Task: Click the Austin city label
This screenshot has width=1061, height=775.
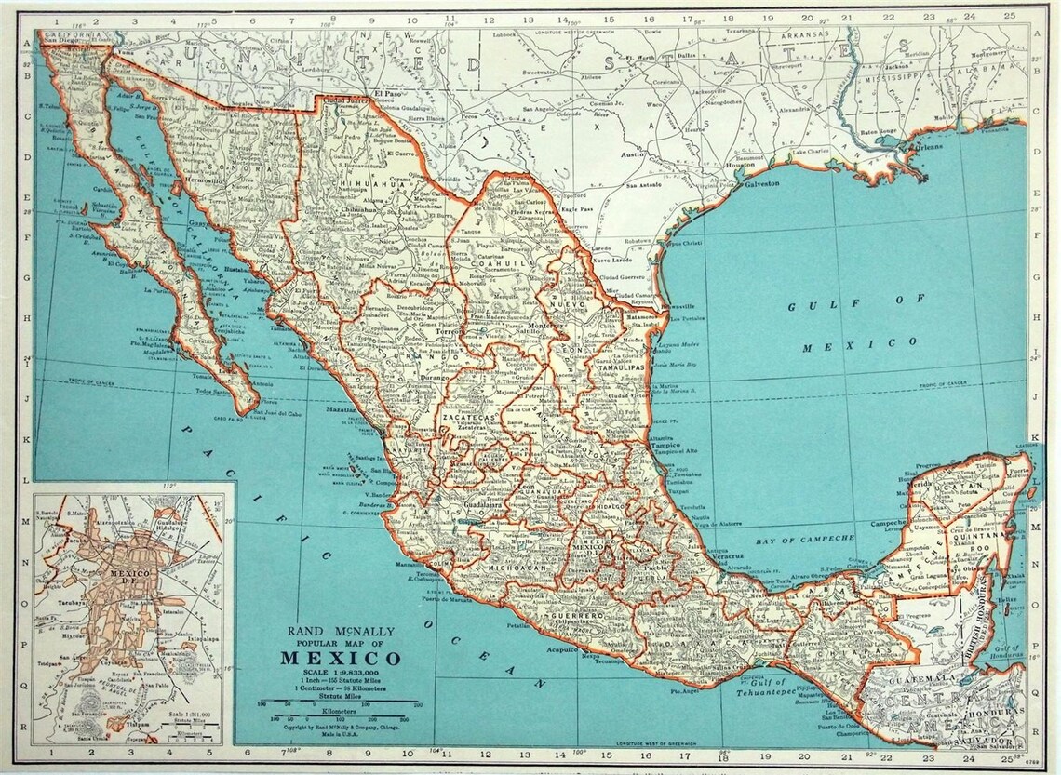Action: [x=633, y=155]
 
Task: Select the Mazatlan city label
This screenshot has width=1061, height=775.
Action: [x=342, y=409]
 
